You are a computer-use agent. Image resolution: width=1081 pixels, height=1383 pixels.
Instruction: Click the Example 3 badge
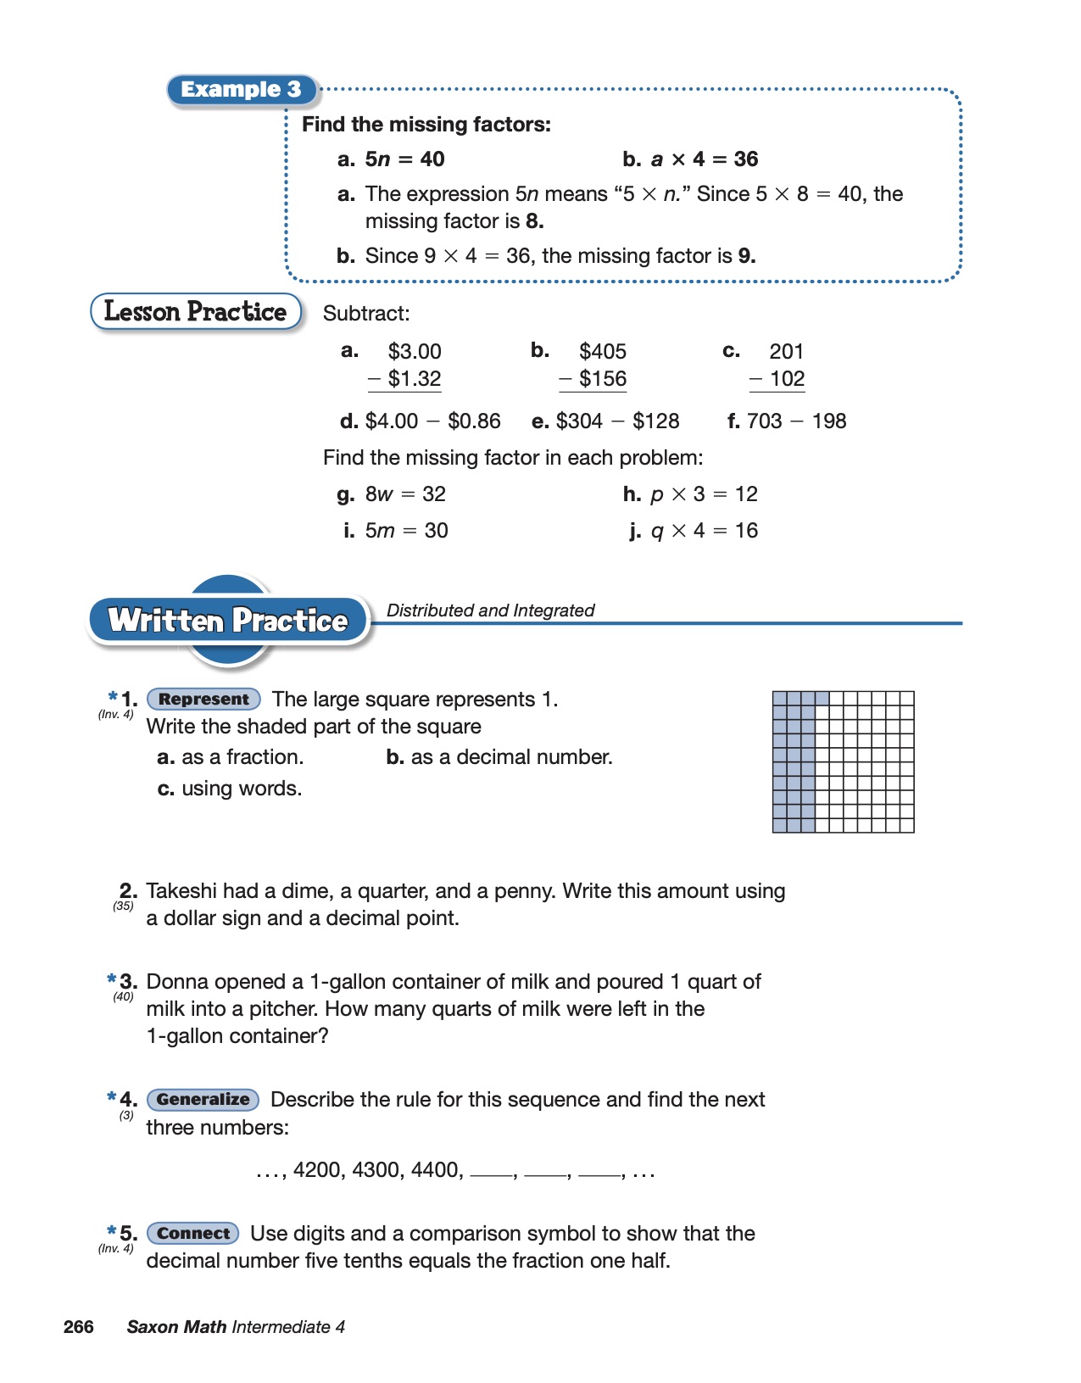pyautogui.click(x=242, y=90)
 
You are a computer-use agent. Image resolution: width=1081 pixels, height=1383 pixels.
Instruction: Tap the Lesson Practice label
pyautogui.click(x=196, y=312)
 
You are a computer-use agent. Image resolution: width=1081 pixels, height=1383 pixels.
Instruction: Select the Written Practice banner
pyautogui.click(x=228, y=621)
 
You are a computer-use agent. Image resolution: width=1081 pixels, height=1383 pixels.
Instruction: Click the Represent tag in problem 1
pyautogui.click(x=203, y=700)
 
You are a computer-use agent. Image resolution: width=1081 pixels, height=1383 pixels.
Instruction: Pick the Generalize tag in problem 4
pyautogui.click(x=203, y=1100)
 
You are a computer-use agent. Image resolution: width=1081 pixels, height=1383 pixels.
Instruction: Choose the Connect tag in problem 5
pyautogui.click(x=193, y=1234)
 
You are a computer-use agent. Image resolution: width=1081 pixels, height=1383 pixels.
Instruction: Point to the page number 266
pyautogui.click(x=78, y=1327)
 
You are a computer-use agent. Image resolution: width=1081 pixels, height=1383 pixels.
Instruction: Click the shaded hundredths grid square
pyautogui.click(x=843, y=761)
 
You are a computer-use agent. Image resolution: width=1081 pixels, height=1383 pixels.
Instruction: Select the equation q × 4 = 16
pyautogui.click(x=704, y=531)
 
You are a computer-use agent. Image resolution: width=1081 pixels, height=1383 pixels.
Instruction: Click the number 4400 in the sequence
pyautogui.click(x=437, y=1170)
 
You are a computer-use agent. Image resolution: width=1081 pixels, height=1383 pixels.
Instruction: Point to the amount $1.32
pyautogui.click(x=414, y=379)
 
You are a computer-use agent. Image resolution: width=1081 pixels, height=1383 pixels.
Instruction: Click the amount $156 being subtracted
pyautogui.click(x=602, y=379)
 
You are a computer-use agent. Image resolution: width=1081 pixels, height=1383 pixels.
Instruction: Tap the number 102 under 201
pyautogui.click(x=787, y=379)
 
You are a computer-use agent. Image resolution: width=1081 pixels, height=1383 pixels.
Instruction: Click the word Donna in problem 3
pyautogui.click(x=174, y=982)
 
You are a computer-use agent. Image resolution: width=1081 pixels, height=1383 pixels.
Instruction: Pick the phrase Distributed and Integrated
pyautogui.click(x=490, y=611)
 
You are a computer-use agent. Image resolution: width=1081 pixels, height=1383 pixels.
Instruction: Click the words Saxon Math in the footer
pyautogui.click(x=176, y=1327)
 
